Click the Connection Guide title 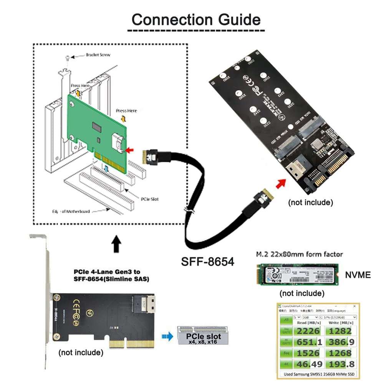point(196,19)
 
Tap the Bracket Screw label point(98,55)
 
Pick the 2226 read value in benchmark point(309,331)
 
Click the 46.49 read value point(309,364)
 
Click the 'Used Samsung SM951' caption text point(317,374)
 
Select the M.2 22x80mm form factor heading point(299,254)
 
